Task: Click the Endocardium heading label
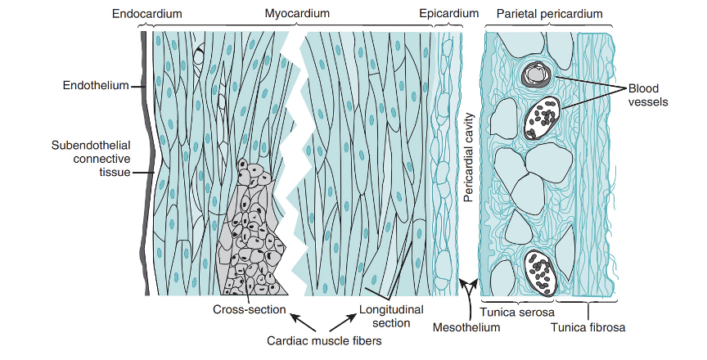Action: [x=146, y=14]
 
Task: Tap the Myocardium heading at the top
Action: [x=297, y=14]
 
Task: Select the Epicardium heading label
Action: [x=448, y=14]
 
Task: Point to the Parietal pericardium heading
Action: [x=549, y=14]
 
